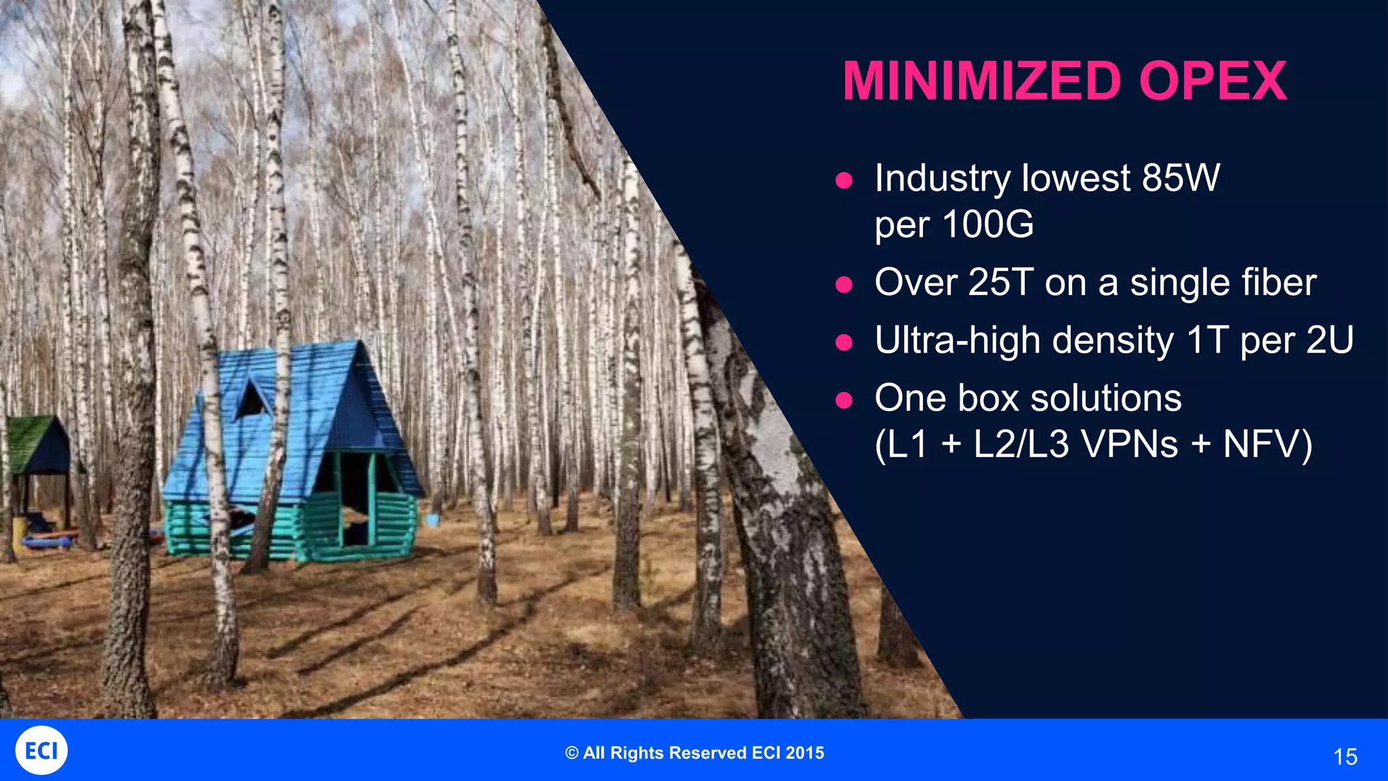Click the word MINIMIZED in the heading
pyautogui.click(x=981, y=81)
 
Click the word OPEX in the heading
pyautogui.click(x=1212, y=81)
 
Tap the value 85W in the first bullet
pyautogui.click(x=1181, y=178)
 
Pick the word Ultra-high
pyautogui.click(x=956, y=340)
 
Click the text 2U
pyautogui.click(x=1329, y=340)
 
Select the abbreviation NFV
pyautogui.click(x=1260, y=445)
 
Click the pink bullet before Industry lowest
pyautogui.click(x=844, y=180)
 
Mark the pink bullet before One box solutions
pyautogui.click(x=844, y=400)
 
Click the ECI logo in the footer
pyautogui.click(x=41, y=750)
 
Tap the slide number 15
pyautogui.click(x=1345, y=757)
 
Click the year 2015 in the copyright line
pyautogui.click(x=805, y=753)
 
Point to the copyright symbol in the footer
pyautogui.click(x=572, y=753)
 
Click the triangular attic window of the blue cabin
pyautogui.click(x=251, y=400)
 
